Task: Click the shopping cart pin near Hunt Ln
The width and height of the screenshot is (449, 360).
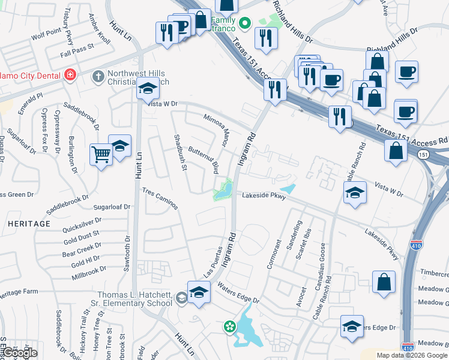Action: pyautogui.click(x=101, y=154)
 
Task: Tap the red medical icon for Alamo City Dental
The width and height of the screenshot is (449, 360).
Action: pyautogui.click(x=70, y=75)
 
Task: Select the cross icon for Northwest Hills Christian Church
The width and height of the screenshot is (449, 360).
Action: pyautogui.click(x=98, y=76)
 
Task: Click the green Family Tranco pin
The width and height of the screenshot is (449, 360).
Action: pyautogui.click(x=244, y=24)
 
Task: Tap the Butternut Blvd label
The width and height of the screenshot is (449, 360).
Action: pyautogui.click(x=202, y=160)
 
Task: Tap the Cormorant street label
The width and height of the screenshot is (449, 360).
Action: pyautogui.click(x=277, y=254)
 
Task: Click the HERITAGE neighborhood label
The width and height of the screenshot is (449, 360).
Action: pyautogui.click(x=29, y=223)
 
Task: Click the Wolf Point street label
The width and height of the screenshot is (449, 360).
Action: pyautogui.click(x=46, y=35)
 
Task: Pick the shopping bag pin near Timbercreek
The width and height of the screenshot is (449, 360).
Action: pyautogui.click(x=384, y=281)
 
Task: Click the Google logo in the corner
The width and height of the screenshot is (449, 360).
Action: pyautogui.click(x=19, y=353)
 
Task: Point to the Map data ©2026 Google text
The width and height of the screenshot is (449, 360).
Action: pyautogui.click(x=411, y=355)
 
